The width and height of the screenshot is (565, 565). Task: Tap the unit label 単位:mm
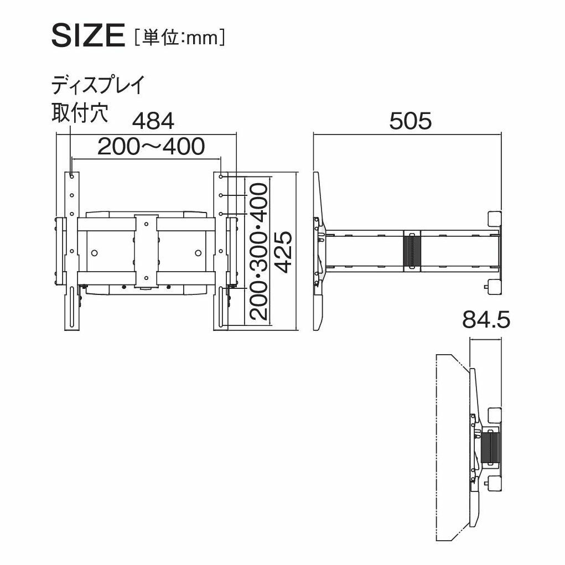180,38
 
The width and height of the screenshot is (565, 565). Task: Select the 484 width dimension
153,121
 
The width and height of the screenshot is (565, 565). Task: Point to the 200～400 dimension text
151,147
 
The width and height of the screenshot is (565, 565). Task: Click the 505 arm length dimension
411,121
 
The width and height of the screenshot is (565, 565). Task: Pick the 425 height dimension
283,252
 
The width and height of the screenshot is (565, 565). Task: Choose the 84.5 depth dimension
486,320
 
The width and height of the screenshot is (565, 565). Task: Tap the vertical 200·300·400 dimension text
259,252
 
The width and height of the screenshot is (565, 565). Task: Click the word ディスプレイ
97,85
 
